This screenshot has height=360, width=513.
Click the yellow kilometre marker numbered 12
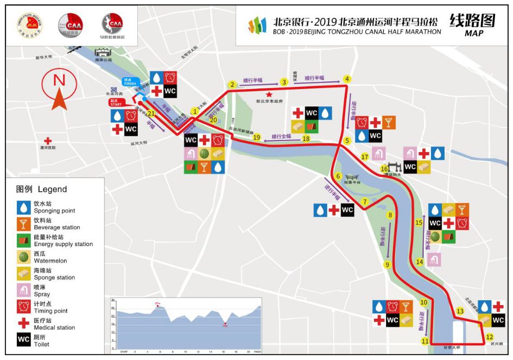[x=489, y=337]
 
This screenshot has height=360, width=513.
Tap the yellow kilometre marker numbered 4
[x=347, y=79]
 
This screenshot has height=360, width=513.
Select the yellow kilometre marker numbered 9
[x=387, y=265]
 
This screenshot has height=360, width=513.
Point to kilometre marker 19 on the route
[x=257, y=138]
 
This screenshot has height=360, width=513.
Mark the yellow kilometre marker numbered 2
[x=232, y=85]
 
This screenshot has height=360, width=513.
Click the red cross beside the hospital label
[x=48, y=140]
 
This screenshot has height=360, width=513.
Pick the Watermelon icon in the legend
[x=24, y=257]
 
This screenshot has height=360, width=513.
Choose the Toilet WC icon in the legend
[x=24, y=340]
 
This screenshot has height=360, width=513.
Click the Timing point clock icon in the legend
[x=24, y=307]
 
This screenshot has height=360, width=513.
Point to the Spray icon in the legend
[x=24, y=290]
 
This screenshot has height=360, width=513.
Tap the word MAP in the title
[x=473, y=33]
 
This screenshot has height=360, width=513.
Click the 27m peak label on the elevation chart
[x=158, y=303]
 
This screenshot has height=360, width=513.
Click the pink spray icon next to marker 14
[x=433, y=260]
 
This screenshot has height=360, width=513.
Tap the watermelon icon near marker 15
[x=435, y=237]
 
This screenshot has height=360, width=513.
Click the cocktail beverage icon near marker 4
[x=389, y=122]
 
